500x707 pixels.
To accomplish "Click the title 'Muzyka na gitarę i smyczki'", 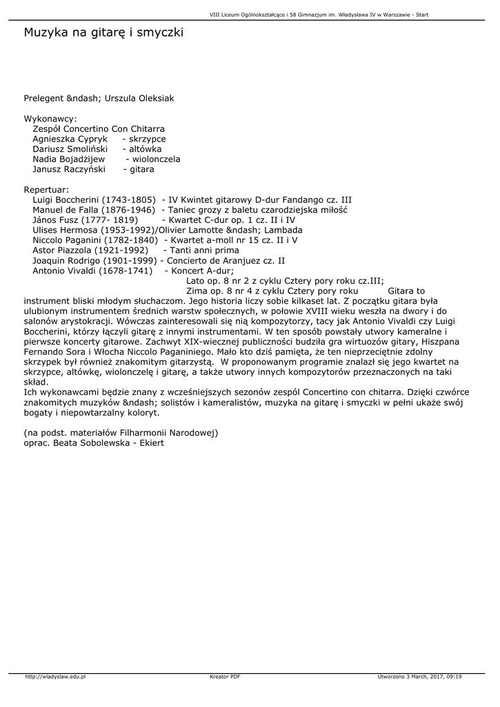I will point(104,32).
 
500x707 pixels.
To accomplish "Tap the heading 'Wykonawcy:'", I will point(50,119).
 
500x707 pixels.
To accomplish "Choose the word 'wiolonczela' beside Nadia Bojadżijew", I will point(157,159).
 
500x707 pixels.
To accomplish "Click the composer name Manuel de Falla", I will point(66,209).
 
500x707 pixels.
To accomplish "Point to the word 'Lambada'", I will point(281,230).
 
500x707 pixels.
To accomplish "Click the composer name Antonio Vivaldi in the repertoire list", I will point(66,270).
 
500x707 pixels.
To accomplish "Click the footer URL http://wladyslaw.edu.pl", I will point(55,677).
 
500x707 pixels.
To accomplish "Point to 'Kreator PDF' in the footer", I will point(225,677).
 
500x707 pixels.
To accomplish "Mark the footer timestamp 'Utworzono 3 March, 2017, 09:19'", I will point(420,677).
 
